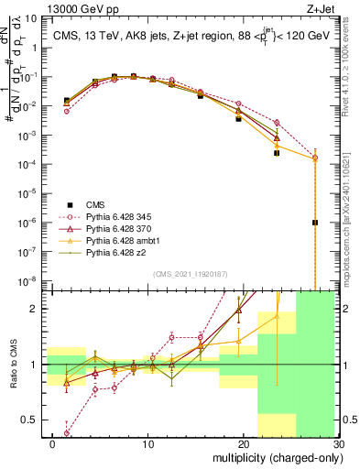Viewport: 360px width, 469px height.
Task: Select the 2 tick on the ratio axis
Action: point(38,309)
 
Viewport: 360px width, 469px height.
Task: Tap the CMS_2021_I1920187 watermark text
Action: point(190,274)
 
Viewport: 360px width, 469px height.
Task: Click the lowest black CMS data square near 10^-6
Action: point(315,222)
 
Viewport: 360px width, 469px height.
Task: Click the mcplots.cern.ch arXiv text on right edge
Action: point(354,202)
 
